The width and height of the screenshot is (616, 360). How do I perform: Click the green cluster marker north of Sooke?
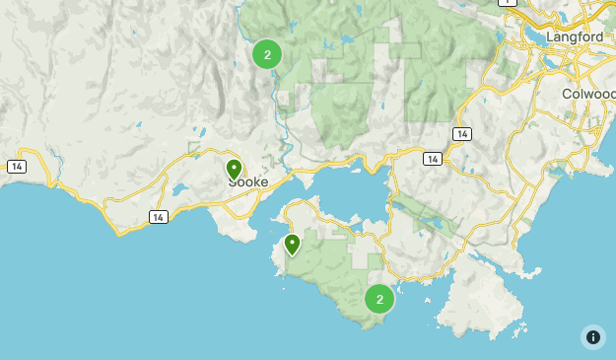point(267,54)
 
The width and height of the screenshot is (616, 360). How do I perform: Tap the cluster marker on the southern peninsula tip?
point(379,299)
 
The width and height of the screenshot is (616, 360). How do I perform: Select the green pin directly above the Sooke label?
point(234,170)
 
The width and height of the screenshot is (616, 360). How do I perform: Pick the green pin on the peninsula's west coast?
point(292,244)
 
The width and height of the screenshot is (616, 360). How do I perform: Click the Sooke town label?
point(247,182)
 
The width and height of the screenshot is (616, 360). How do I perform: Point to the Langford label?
point(574,36)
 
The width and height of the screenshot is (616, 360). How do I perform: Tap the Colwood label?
point(589,94)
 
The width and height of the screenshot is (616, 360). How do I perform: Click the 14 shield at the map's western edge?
point(16,167)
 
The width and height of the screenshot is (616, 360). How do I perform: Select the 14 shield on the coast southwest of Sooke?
point(158,217)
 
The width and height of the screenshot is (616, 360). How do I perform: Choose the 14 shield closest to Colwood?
point(461,133)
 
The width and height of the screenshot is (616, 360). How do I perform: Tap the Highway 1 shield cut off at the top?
point(507,2)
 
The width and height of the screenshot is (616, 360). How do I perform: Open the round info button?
point(592,336)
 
